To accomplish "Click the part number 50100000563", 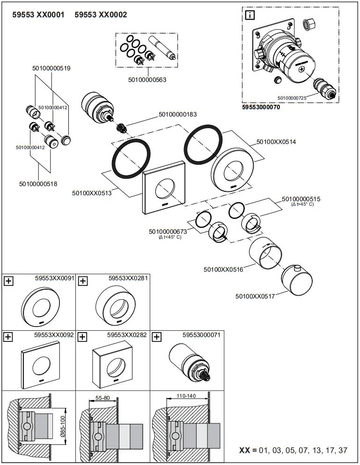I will pyautogui.click(x=147, y=80).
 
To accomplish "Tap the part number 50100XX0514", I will pyautogui.click(x=276, y=141).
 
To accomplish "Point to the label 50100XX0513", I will pyautogui.click(x=92, y=193).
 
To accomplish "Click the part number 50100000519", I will pyautogui.click(x=51, y=68).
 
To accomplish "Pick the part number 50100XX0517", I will pyautogui.click(x=255, y=296).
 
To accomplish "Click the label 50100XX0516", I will pyautogui.click(x=223, y=269).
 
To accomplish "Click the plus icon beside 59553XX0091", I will pyautogui.click(x=8, y=281).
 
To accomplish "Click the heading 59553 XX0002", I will pyautogui.click(x=101, y=15).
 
